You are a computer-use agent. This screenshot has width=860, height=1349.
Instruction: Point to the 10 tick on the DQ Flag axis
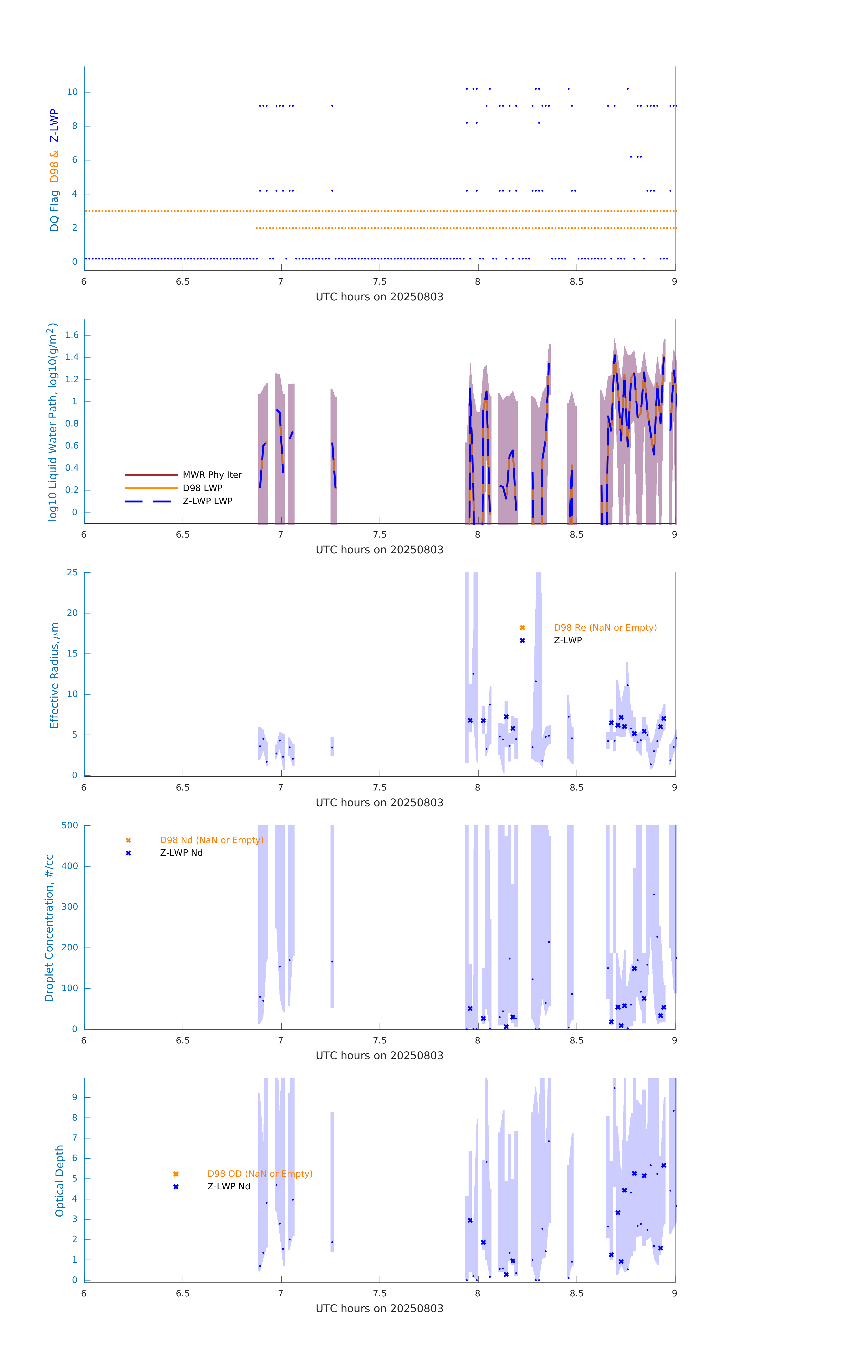(72, 92)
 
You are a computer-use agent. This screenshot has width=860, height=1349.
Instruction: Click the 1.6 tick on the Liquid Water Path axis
(72, 335)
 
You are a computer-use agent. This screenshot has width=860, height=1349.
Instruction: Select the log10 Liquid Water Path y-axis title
(53, 422)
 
